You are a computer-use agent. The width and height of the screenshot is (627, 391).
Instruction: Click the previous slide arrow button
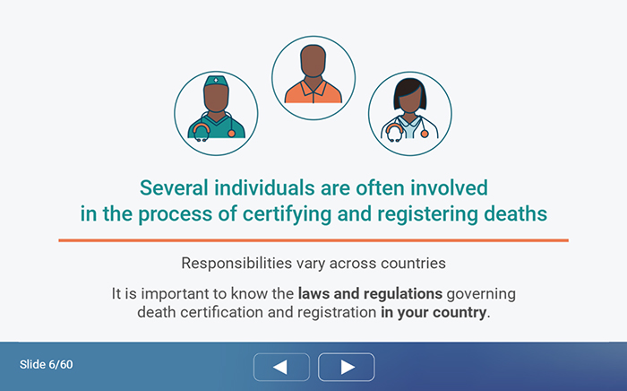click(281, 367)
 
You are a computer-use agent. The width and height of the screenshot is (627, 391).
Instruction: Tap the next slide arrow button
click(347, 367)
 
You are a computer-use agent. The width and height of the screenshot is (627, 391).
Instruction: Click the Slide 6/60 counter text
click(47, 365)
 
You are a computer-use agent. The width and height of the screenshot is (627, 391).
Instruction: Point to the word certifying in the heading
click(288, 214)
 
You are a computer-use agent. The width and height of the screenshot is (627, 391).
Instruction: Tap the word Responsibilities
click(236, 264)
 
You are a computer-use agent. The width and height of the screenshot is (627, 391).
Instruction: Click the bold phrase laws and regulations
click(370, 294)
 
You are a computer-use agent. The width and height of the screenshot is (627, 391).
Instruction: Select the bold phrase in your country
click(434, 313)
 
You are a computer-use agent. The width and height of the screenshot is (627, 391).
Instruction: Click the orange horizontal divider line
click(313, 240)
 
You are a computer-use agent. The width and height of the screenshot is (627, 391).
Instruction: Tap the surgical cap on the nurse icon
click(216, 82)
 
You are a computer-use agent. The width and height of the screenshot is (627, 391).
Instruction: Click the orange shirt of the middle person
click(313, 92)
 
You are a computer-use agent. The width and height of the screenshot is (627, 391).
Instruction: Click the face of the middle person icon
click(313, 60)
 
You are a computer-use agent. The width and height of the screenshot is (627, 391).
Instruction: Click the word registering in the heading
click(427, 214)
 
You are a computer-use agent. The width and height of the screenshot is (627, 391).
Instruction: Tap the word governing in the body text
click(481, 294)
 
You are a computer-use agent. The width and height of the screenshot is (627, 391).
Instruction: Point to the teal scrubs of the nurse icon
click(217, 127)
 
